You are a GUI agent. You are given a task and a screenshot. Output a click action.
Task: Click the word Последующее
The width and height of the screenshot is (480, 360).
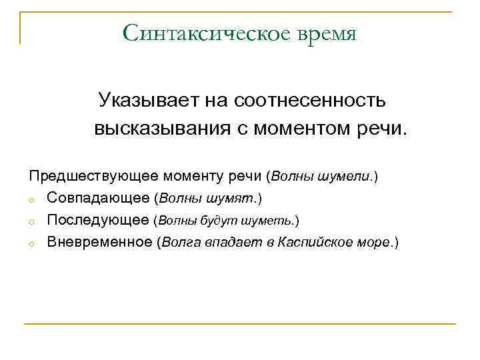tap(98, 220)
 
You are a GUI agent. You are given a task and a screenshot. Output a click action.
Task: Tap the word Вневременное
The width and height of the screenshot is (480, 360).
tap(100, 242)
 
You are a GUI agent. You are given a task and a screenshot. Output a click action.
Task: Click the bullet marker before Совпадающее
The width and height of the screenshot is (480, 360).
tap(31, 199)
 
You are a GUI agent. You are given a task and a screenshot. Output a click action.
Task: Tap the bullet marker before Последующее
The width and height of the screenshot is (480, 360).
tap(31, 221)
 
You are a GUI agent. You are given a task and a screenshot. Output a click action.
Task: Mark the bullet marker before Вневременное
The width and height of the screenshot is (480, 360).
tap(31, 243)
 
